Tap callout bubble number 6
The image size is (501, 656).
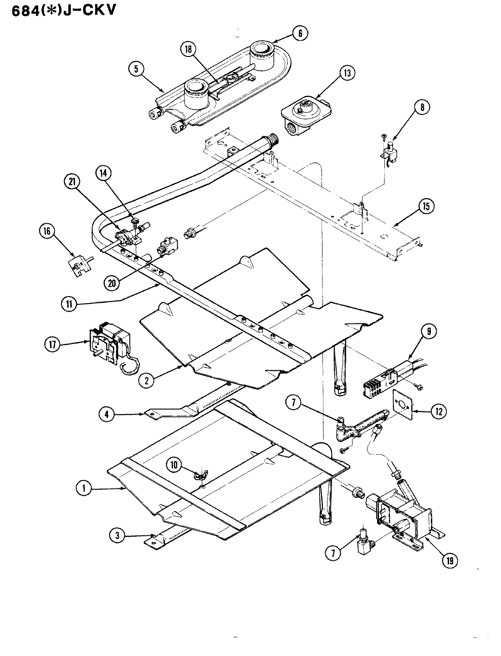point(300,33)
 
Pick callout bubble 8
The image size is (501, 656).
point(422,108)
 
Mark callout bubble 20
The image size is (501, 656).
point(111,283)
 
